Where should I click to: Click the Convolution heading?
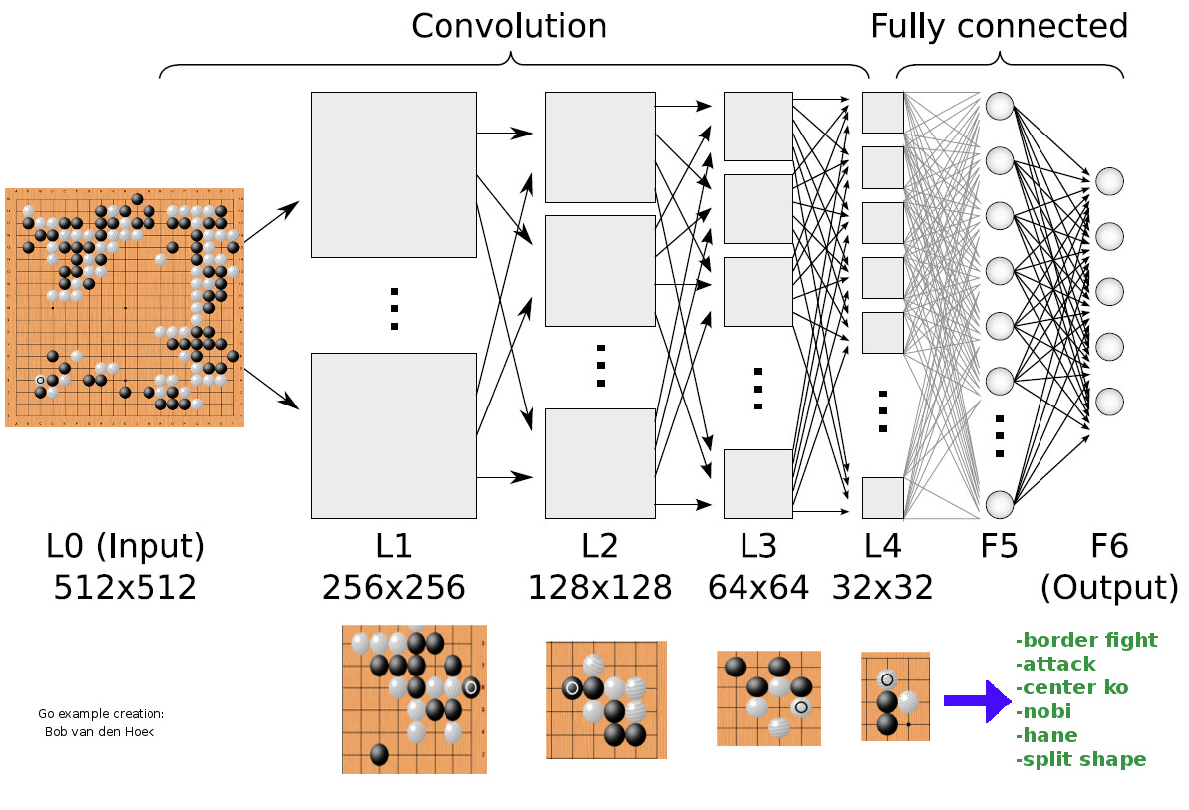coord(508,26)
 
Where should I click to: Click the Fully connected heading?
coord(999,26)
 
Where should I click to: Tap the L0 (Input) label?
coord(126,546)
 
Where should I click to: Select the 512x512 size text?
coord(126,587)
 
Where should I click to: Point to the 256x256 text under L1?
coord(394,588)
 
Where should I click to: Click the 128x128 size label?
coord(600,588)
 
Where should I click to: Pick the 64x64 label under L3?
coord(757,588)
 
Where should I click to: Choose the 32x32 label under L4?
coord(882,588)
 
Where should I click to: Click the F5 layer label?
coord(1000,546)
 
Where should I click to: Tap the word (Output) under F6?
coord(1109,587)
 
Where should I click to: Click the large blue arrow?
coord(977,701)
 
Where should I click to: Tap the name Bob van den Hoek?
coord(101,731)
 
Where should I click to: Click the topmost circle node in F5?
coord(1000,105)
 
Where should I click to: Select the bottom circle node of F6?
coord(1109,402)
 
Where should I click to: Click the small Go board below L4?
coord(895,696)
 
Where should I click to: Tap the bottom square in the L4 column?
coord(882,498)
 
